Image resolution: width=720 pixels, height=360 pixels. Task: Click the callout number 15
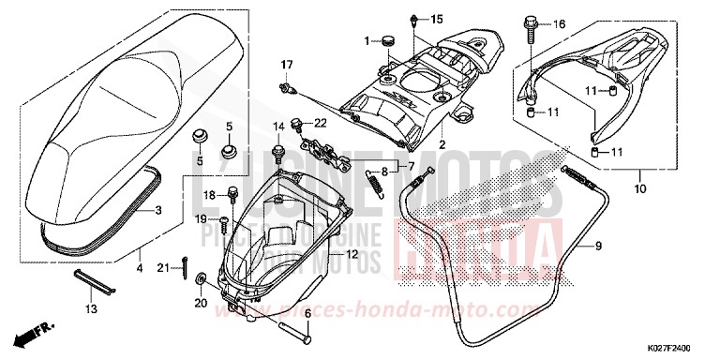click(x=437, y=19)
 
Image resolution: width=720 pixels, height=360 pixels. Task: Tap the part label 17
click(x=287, y=64)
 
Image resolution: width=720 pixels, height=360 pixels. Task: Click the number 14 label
click(x=277, y=127)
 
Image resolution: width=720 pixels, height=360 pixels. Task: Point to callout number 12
click(x=352, y=254)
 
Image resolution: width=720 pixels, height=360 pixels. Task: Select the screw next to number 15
click(x=414, y=21)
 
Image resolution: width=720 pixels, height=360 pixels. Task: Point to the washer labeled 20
click(x=202, y=280)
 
